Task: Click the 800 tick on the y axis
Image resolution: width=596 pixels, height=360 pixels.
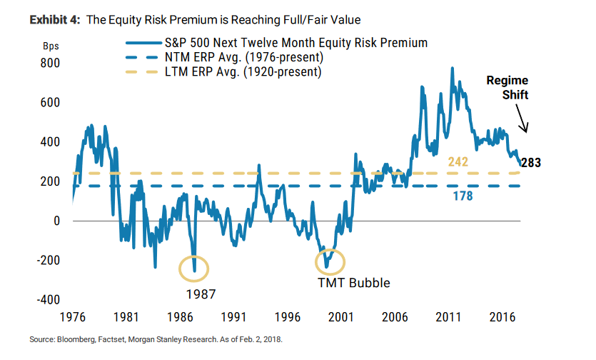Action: pos(49,64)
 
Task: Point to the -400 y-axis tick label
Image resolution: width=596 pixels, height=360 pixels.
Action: pos(46,299)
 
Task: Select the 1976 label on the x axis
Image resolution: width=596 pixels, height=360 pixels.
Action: pos(73,315)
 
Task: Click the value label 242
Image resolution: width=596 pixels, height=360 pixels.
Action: pos(458,162)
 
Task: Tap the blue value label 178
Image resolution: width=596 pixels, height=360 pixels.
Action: pos(463,196)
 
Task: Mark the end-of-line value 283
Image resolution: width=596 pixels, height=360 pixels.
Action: pos(531,162)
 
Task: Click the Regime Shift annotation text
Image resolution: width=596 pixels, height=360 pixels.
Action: pos(508,88)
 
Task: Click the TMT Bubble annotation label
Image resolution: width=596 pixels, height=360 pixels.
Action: pos(354,282)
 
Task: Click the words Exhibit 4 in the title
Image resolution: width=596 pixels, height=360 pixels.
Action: pos(54,20)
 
